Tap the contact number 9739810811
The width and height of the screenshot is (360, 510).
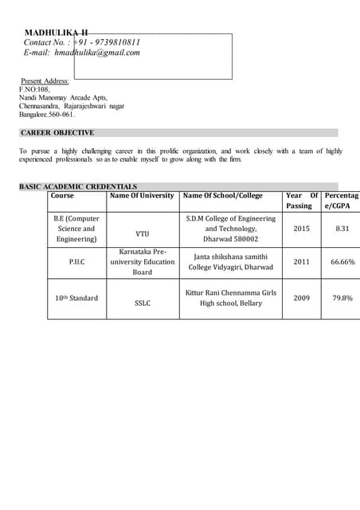coord(109,42)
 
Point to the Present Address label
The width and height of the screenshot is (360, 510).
coord(45,81)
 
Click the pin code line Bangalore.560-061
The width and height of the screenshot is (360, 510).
coord(46,115)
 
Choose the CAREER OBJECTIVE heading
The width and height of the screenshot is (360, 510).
coord(57,133)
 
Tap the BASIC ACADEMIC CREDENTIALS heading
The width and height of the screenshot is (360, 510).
coord(78,186)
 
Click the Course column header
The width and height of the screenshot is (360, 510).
coord(62,195)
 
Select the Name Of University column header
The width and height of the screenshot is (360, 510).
coord(142,195)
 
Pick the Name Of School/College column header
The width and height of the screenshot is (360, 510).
coord(222,195)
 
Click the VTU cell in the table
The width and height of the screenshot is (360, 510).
coord(142,234)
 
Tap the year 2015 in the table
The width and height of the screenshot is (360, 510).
coord(301,229)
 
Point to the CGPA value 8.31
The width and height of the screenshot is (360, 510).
coord(342,229)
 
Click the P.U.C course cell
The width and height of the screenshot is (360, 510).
coord(76,261)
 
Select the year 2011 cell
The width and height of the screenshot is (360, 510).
coord(301,261)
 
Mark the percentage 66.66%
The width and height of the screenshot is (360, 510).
coord(343,261)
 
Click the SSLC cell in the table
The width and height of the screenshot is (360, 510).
coord(142,304)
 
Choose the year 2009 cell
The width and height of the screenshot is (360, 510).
coord(301,298)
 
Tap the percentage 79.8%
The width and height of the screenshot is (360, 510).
coord(343,298)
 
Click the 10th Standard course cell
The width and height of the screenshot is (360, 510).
coord(76,298)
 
